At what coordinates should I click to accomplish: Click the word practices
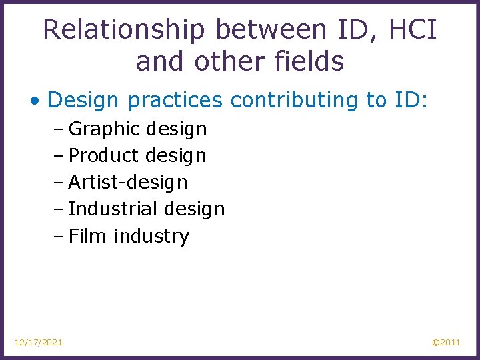(x=176, y=100)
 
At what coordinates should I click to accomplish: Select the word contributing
(x=294, y=100)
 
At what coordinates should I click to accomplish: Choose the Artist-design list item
(x=128, y=182)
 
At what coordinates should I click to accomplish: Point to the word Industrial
(x=111, y=209)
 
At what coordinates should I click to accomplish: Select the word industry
(x=151, y=237)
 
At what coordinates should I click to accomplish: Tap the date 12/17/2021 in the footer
(x=39, y=342)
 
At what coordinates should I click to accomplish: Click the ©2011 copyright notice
(x=446, y=342)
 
